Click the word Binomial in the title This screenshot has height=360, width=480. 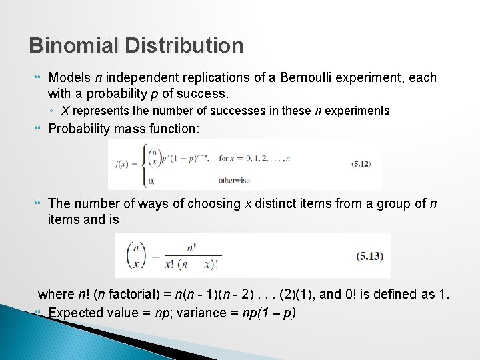(73, 45)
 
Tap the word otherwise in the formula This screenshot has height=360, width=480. (234, 180)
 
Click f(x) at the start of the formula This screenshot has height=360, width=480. (121, 165)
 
